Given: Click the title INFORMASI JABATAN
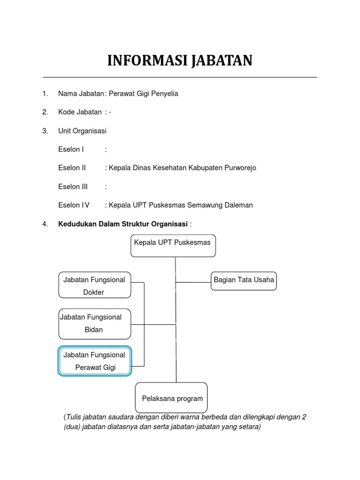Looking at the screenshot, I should pyautogui.click(x=180, y=61).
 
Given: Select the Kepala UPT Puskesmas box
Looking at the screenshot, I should pyautogui.click(x=173, y=246).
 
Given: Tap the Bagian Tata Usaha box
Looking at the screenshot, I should pyautogui.click(x=244, y=280).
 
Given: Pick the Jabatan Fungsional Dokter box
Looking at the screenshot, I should pyautogui.click(x=95, y=285).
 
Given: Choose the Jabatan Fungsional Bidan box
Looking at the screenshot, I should pyautogui.click(x=95, y=323).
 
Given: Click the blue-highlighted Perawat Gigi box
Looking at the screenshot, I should pyautogui.click(x=95, y=361).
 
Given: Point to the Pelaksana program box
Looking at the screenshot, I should pyautogui.click(x=172, y=398).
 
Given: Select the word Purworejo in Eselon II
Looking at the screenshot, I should pyautogui.click(x=238, y=168).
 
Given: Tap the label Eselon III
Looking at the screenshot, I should pyautogui.click(x=73, y=187).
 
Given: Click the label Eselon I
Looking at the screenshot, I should pyautogui.click(x=71, y=149).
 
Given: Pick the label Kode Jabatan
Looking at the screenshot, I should pyautogui.click(x=80, y=112).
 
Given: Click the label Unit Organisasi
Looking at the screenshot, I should pyautogui.click(x=82, y=131).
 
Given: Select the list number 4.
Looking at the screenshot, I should pyautogui.click(x=45, y=224).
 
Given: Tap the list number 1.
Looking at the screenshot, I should pyautogui.click(x=45, y=94).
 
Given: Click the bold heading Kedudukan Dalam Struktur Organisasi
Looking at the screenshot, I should pyautogui.click(x=123, y=224).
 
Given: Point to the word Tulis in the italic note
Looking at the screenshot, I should pyautogui.click(x=74, y=417).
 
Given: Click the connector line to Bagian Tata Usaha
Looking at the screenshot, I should pyautogui.click(x=193, y=283).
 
